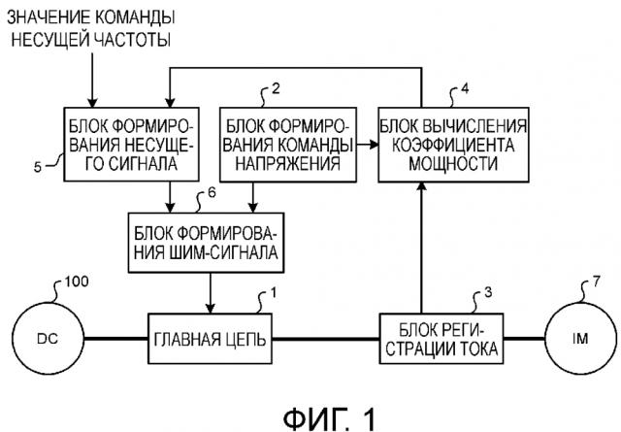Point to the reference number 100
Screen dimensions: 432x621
tap(75, 284)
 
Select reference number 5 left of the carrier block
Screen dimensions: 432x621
tap(37, 167)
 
